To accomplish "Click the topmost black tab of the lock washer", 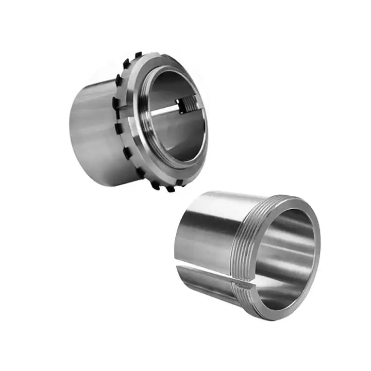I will coord(138,55).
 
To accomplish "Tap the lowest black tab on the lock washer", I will coord(171,189).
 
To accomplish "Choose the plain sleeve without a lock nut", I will coord(247,252).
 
